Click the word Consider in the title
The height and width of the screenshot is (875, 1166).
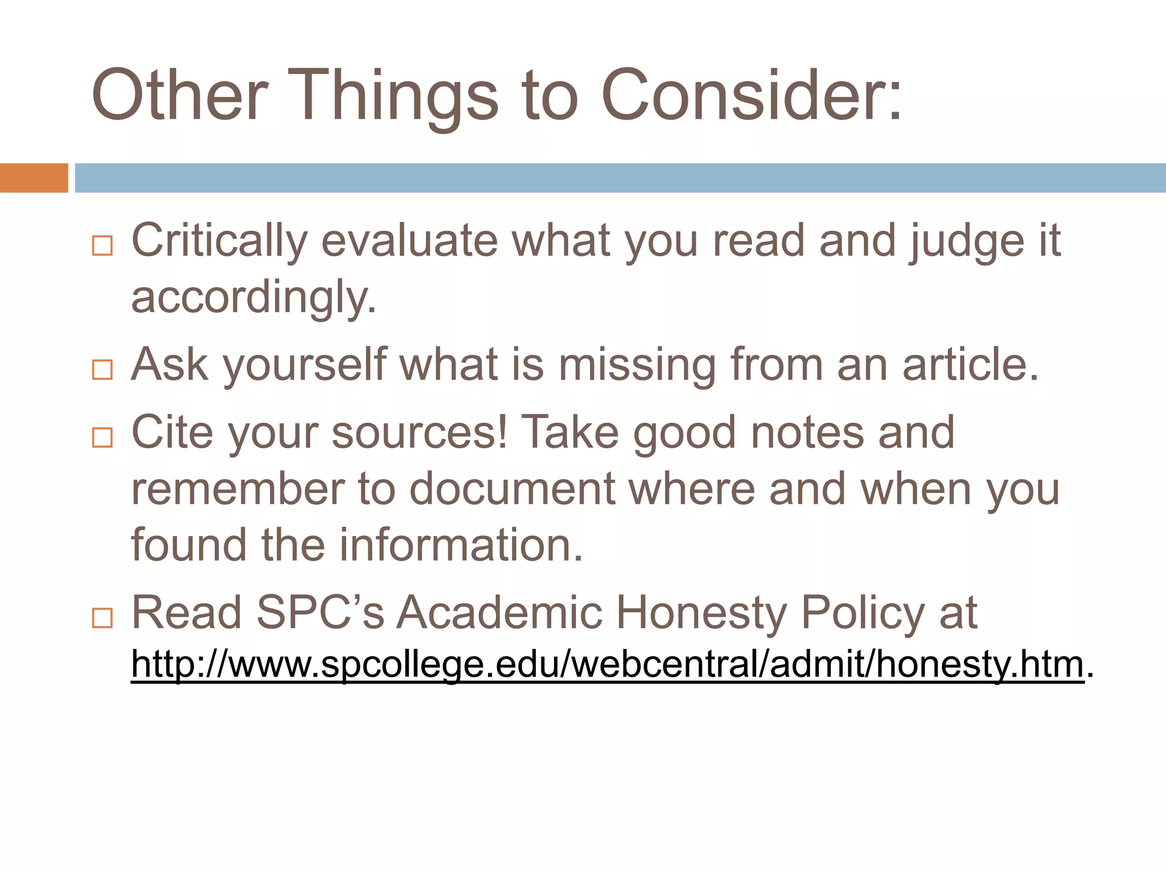752,95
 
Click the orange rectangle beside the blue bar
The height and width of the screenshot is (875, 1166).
34,178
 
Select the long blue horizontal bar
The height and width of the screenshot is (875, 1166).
621,178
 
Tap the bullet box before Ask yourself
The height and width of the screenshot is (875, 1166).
102,370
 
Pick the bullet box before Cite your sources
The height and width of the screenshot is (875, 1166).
102,437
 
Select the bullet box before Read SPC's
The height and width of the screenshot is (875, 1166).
102,618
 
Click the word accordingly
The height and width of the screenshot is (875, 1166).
254,298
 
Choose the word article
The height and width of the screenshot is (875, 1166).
971,365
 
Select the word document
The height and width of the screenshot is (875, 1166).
512,489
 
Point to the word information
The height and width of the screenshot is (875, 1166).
462,545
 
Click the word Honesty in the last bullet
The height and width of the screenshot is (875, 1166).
702,613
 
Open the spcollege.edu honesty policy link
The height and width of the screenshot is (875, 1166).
607,664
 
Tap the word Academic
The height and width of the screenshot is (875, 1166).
499,613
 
